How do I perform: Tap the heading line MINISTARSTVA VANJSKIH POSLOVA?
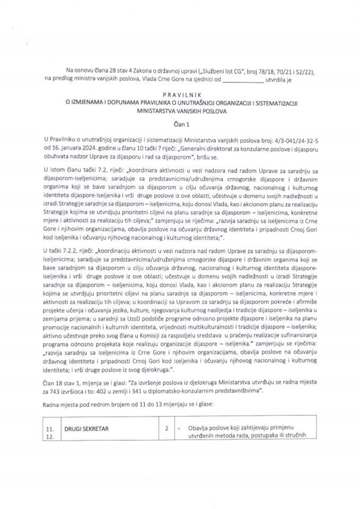tap(180, 112)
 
